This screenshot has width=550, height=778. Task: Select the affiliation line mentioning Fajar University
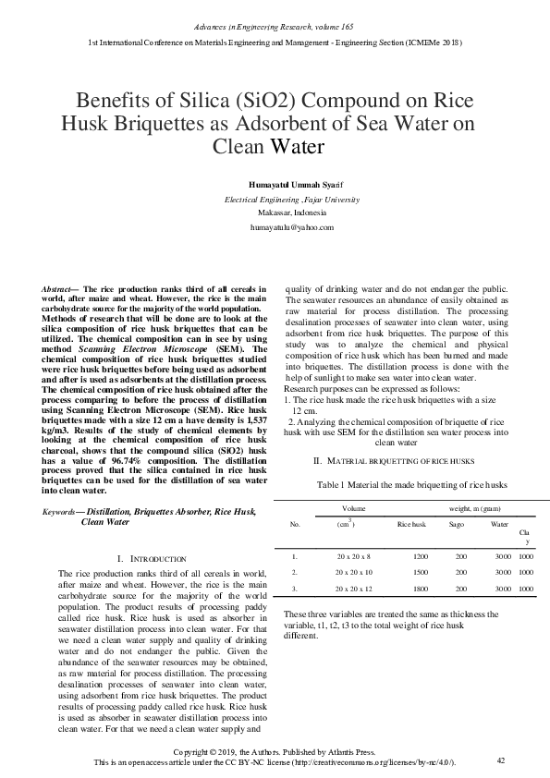[292, 200]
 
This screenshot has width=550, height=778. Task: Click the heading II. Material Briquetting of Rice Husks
[396, 459]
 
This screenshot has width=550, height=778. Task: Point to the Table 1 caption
[396, 483]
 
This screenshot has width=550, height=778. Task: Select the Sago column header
[457, 524]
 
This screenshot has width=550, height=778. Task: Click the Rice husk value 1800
[421, 588]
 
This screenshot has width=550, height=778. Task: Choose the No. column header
[295, 524]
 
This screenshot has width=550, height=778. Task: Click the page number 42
[501, 760]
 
